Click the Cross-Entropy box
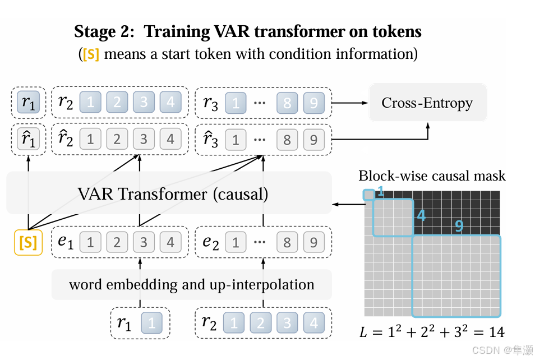(427, 103)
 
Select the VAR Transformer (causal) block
(168, 194)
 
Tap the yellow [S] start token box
(28, 242)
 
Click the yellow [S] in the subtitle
(91, 55)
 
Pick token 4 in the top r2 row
(170, 103)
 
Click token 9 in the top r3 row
(314, 103)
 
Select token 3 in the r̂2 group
(144, 139)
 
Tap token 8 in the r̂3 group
(287, 139)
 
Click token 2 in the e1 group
(117, 242)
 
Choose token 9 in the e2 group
(314, 242)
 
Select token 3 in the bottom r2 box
(287, 323)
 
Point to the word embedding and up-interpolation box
(192, 284)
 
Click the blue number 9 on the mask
(459, 226)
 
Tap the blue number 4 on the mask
(421, 215)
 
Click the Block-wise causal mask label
(432, 176)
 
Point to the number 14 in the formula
(496, 332)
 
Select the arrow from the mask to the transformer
(348, 204)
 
